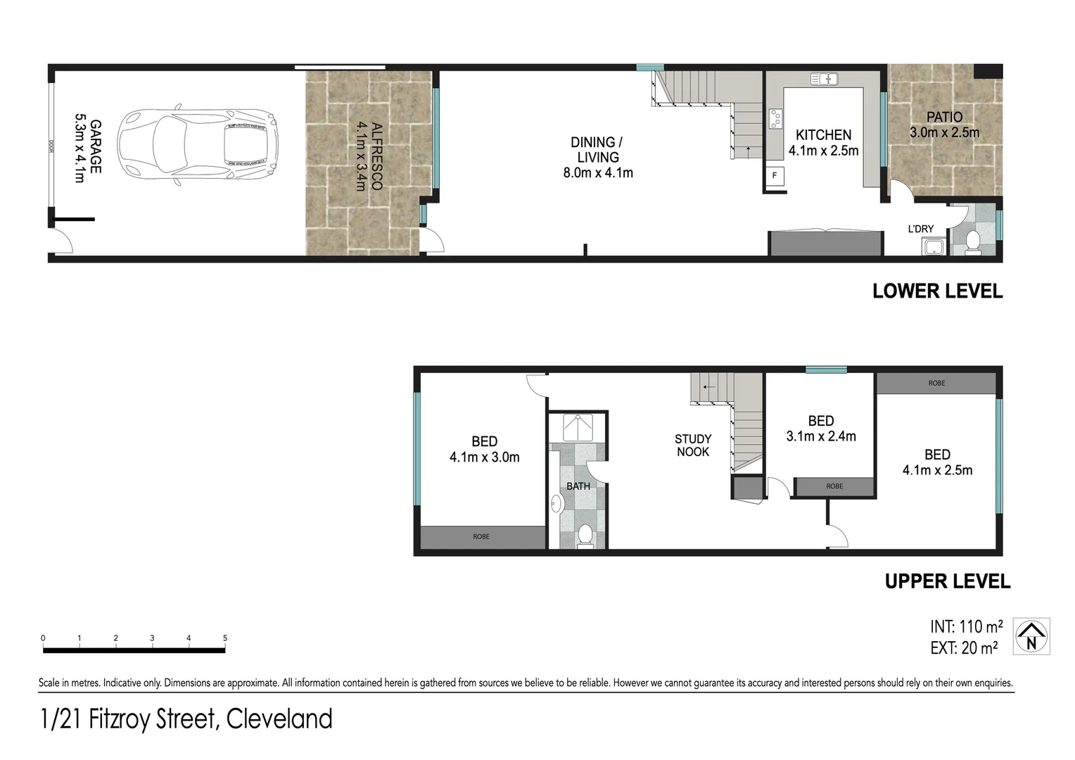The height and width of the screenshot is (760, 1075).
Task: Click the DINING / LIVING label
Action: [x=597, y=150]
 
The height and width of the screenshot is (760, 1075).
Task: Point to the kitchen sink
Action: [x=824, y=79]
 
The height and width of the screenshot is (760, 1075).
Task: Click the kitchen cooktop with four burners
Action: [x=776, y=119]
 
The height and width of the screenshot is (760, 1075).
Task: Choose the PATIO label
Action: [x=944, y=117]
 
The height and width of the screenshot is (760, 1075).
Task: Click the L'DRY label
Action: [x=921, y=229]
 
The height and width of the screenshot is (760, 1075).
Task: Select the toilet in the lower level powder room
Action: [x=973, y=241]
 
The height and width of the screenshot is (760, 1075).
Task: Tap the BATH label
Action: [x=578, y=486]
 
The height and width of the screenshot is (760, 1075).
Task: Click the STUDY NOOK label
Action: [x=693, y=445]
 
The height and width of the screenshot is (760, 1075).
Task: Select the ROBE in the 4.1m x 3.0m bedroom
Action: [x=482, y=537]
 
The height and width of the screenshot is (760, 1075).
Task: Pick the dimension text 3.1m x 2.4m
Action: [x=821, y=436]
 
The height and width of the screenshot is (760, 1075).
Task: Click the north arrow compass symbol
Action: [x=1031, y=636]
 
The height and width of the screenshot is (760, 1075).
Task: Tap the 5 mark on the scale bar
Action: [x=225, y=638]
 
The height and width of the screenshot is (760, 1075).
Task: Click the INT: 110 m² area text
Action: [x=966, y=626]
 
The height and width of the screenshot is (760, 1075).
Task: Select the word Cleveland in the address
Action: [x=279, y=719]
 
